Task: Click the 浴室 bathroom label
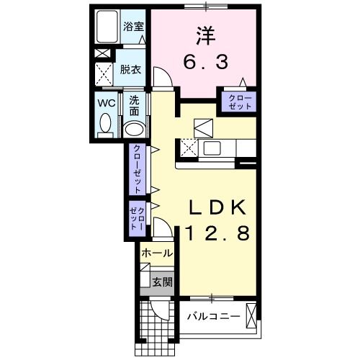pyautogui.click(x=132, y=27)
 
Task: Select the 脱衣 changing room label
pyautogui.click(x=130, y=71)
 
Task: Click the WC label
pyautogui.click(x=106, y=102)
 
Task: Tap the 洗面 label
pyautogui.click(x=135, y=107)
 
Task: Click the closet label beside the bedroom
pyautogui.click(x=240, y=102)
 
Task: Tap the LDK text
pyautogui.click(x=218, y=208)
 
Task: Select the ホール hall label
pyautogui.click(x=156, y=253)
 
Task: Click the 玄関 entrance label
pyautogui.click(x=163, y=282)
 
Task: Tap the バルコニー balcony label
pyautogui.click(x=214, y=316)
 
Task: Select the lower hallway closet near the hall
pyautogui.click(x=136, y=217)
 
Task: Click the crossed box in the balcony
pyautogui.click(x=251, y=315)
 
